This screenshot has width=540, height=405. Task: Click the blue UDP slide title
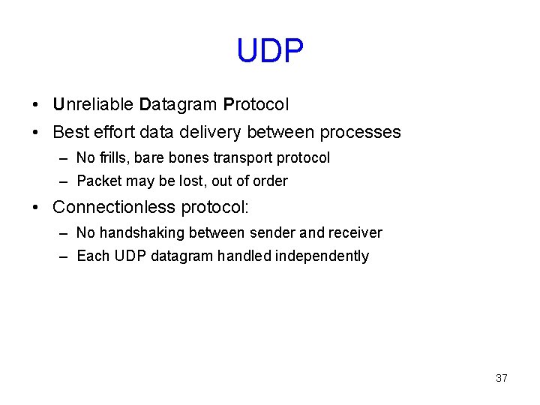point(270,52)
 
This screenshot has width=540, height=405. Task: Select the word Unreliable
point(93,104)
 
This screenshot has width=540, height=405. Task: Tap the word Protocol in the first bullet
point(256,104)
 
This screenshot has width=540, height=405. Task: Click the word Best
point(71,133)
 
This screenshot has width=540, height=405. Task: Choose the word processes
point(360,133)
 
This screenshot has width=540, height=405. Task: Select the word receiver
point(355,233)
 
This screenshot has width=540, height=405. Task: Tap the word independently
point(322,256)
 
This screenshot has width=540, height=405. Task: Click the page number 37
point(502,378)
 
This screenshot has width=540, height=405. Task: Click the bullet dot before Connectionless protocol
point(36,207)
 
